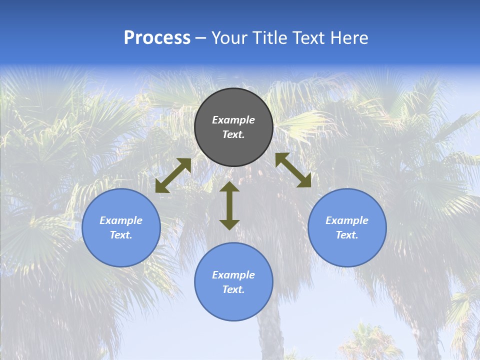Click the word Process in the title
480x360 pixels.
click(157, 38)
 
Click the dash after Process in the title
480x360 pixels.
click(200, 39)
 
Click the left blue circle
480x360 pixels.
click(121, 250)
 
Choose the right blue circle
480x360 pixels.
click(347, 250)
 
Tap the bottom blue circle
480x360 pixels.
click(233, 305)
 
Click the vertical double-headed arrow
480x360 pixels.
click(229, 205)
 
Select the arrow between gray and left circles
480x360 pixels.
click(173, 175)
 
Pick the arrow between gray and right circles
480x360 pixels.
click(293, 170)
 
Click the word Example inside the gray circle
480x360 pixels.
click(233, 120)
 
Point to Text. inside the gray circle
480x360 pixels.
click(233, 134)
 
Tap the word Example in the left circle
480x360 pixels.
click(121, 220)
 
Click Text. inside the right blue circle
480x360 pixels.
click(347, 235)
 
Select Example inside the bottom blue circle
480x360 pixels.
click(233, 275)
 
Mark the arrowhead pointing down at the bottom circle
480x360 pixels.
click(229, 224)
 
